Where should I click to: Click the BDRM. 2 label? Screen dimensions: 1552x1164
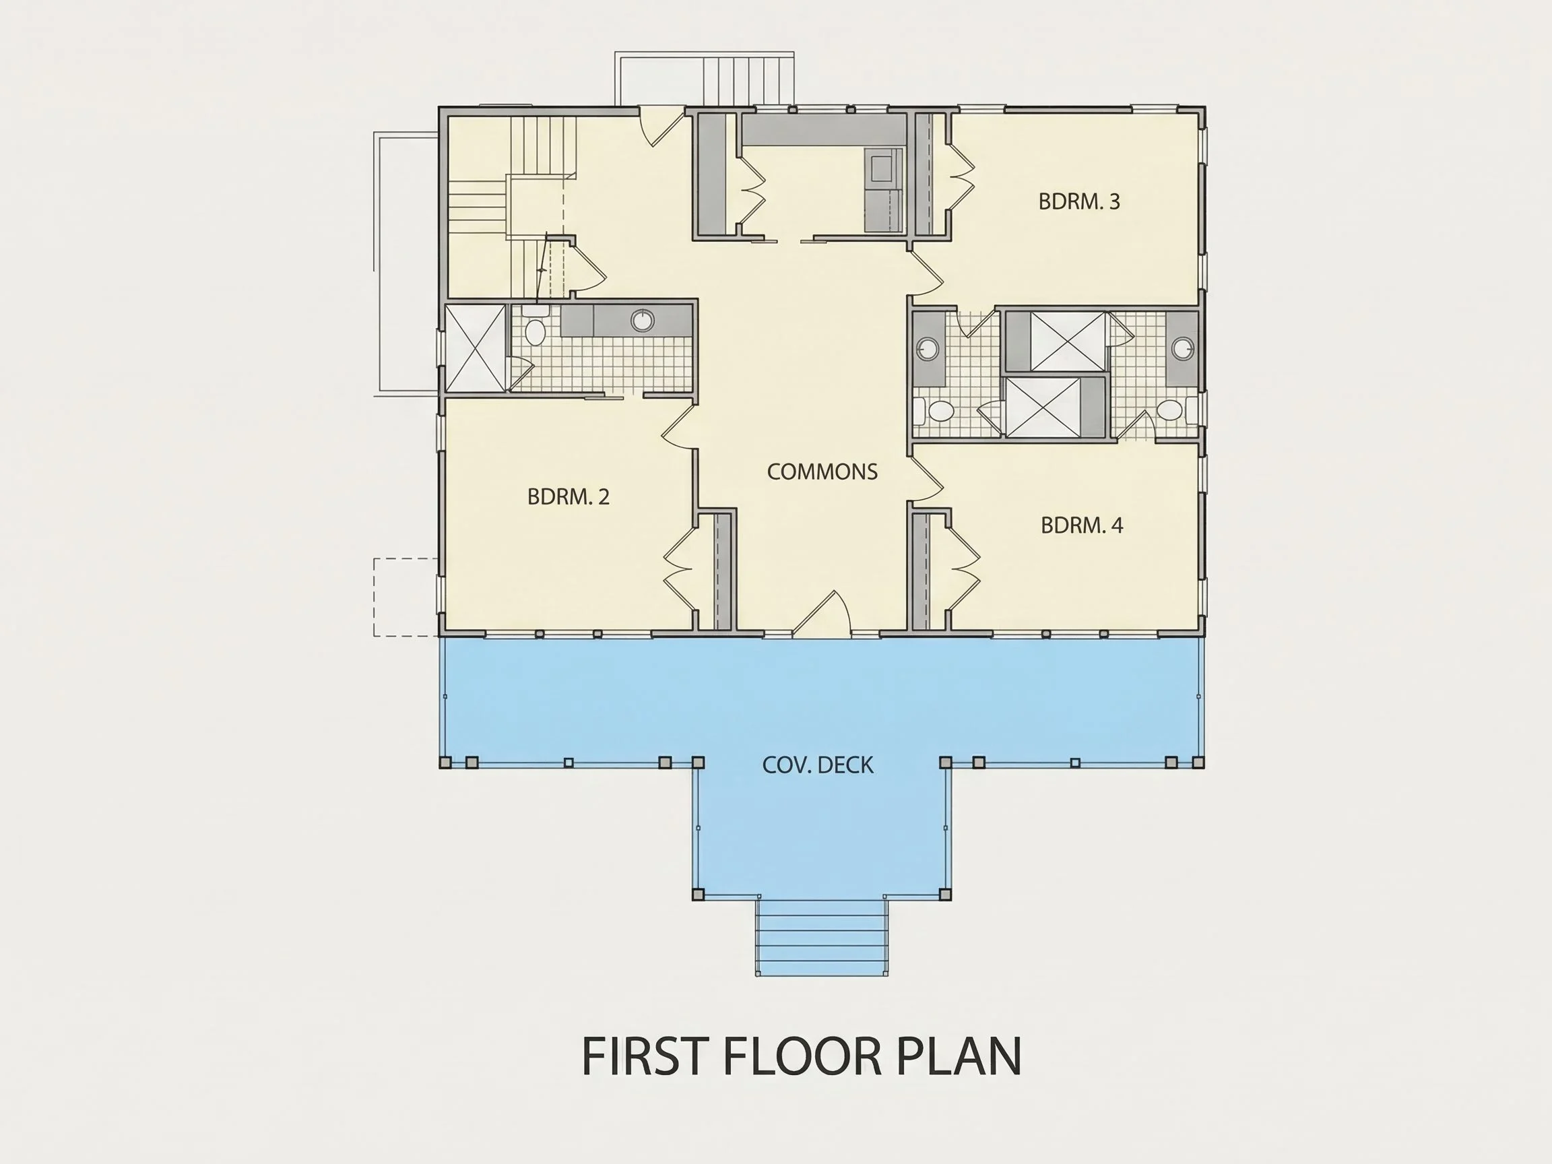coord(569,496)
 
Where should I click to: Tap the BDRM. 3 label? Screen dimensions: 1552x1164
coord(1079,201)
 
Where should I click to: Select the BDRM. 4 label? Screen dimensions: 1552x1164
coord(1082,525)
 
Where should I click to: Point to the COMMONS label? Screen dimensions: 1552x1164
coord(822,472)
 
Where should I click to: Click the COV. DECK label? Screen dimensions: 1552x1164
coord(818,765)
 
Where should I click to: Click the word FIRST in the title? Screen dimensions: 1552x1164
coord(643,1056)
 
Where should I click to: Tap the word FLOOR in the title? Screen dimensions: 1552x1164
coord(800,1056)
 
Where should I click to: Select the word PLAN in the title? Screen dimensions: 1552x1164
coord(959,1056)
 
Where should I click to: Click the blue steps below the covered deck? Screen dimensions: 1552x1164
coord(822,937)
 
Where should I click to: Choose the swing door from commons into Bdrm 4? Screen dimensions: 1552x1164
coord(926,480)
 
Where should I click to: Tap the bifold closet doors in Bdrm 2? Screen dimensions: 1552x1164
coord(679,569)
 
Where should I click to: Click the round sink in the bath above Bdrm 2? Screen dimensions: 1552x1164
coord(642,321)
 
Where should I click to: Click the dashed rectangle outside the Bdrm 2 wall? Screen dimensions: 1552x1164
coord(406,597)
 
